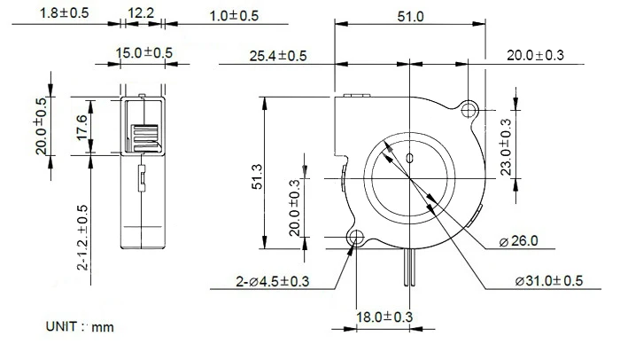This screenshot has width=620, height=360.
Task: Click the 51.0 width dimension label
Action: [x=410, y=17]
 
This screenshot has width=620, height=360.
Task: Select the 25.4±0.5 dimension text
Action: [x=277, y=56]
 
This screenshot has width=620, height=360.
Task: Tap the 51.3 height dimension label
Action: [x=257, y=176]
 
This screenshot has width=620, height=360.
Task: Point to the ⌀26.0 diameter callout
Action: [x=518, y=241]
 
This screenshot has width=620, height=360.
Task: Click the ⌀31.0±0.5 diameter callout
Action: [x=549, y=281]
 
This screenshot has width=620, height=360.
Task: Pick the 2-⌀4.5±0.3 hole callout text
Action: [x=273, y=281]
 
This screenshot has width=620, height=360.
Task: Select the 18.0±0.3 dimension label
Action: [x=384, y=317]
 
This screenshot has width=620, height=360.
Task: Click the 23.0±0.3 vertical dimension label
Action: [x=506, y=147]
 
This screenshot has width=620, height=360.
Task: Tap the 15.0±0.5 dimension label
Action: [x=143, y=52]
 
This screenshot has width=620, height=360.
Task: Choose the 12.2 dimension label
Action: [x=141, y=13]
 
